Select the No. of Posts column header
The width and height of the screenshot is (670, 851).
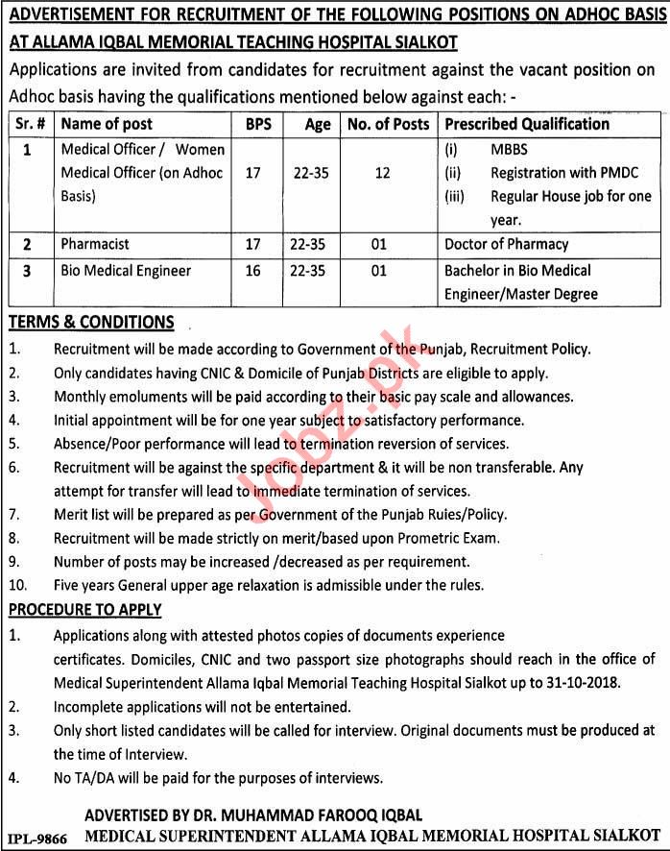coord(388,124)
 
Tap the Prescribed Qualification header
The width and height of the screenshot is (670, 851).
coord(527,124)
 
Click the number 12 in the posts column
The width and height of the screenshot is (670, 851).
coord(383,173)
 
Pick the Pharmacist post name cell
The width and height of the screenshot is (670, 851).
coord(95,244)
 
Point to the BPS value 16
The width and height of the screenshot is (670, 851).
coord(253,271)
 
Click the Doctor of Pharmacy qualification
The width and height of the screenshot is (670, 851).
coord(506,244)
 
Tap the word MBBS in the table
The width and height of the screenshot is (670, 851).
coord(509,150)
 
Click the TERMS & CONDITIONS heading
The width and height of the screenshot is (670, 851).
coord(91,323)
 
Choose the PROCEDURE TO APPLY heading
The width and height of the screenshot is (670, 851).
coord(85,610)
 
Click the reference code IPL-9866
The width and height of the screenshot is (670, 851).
coord(36,838)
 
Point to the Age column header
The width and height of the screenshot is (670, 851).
coord(317,124)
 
